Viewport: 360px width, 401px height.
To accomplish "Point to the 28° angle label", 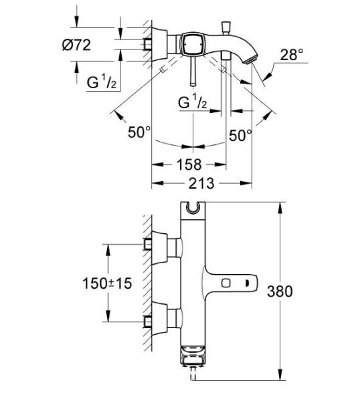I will (292, 55).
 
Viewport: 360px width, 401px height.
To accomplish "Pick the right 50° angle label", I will (240, 135).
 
